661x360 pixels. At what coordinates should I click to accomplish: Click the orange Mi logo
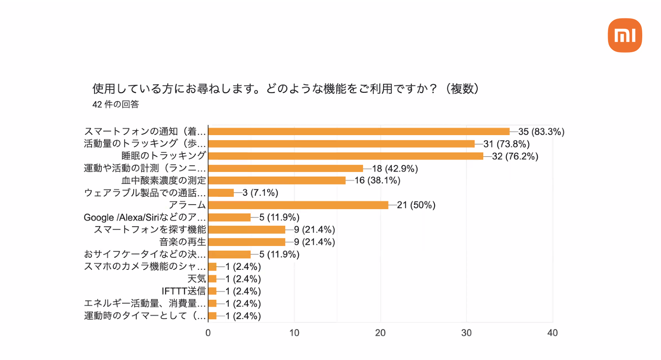tap(625, 35)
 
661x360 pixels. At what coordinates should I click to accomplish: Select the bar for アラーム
tap(298, 205)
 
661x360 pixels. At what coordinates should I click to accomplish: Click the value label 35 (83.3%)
tap(541, 132)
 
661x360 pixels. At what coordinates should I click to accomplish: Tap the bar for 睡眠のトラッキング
tap(345, 156)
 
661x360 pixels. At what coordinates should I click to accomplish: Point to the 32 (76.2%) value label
tap(515, 156)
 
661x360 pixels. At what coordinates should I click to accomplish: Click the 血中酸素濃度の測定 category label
tap(164, 180)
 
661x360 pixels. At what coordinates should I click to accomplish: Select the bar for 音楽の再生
tap(247, 242)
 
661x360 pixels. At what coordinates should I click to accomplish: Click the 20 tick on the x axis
tap(380, 333)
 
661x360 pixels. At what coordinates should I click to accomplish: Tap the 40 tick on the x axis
tap(552, 333)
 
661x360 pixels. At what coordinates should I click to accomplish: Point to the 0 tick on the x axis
tap(208, 333)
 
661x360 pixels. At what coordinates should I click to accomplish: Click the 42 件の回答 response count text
tap(116, 104)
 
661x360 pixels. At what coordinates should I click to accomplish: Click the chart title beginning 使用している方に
tap(286, 89)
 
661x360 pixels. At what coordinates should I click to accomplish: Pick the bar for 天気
tap(212, 279)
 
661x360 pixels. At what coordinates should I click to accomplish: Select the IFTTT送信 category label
tap(184, 291)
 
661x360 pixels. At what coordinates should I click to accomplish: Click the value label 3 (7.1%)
tap(260, 193)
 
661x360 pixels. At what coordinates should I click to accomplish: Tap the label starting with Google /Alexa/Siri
tap(145, 217)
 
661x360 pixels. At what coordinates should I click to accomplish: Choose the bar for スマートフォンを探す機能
tap(247, 230)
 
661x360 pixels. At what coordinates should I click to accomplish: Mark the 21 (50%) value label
tap(416, 205)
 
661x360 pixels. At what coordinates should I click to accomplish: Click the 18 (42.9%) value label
tap(395, 168)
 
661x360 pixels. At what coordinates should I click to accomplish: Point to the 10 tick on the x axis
tap(294, 333)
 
